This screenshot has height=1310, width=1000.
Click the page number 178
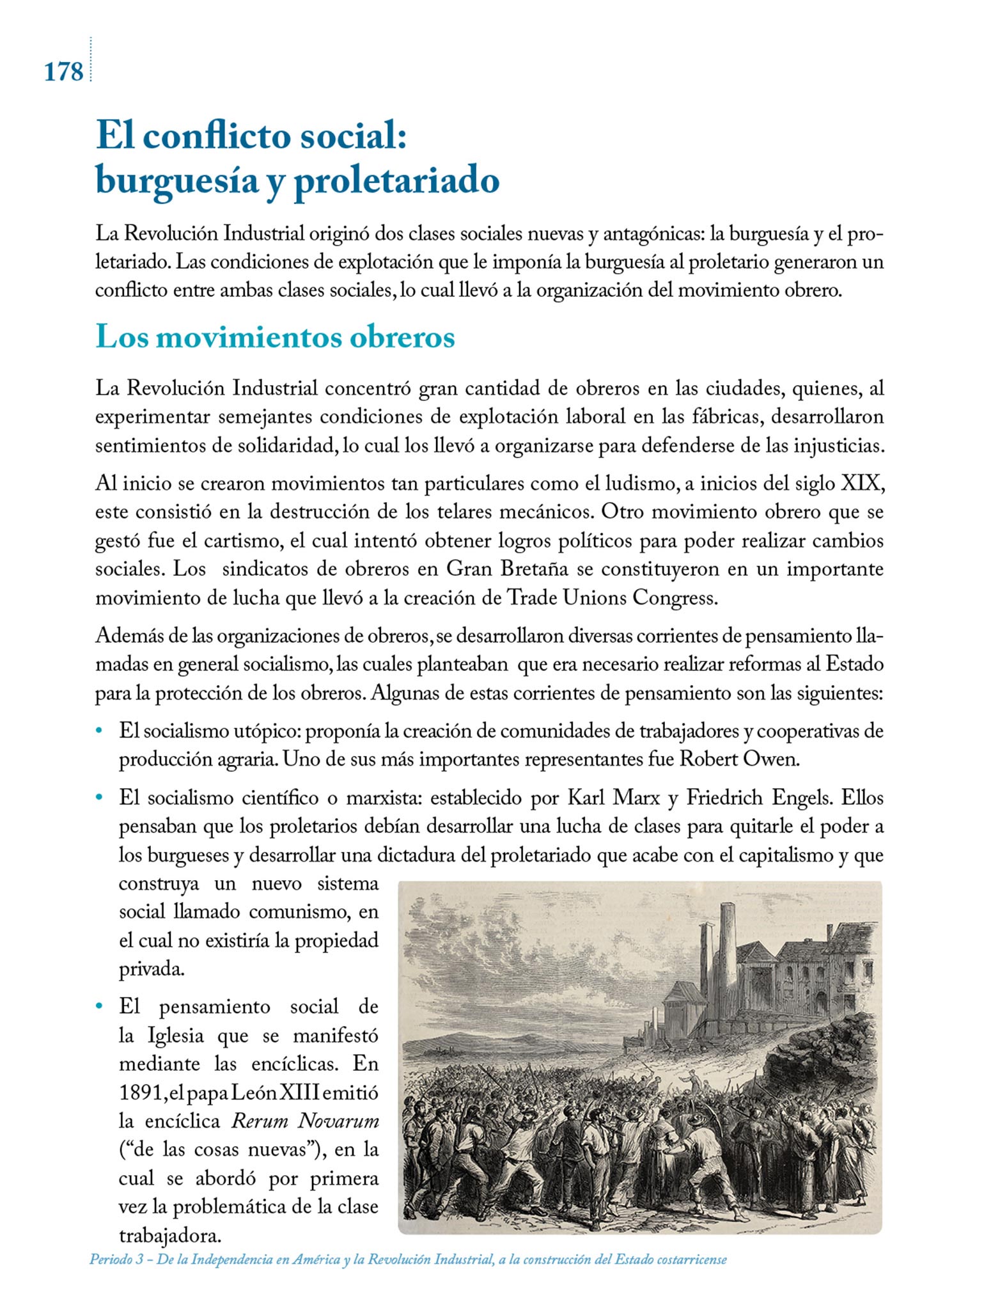pos(63,72)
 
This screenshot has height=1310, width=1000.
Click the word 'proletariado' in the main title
pos(396,181)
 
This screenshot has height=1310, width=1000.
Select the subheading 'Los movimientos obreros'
pos(275,337)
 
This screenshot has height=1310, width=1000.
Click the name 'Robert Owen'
pos(738,759)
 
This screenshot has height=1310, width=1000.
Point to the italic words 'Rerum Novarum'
pos(304,1121)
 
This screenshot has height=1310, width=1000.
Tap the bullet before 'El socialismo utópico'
pos(99,730)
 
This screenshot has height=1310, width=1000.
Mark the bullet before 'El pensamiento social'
pos(99,1007)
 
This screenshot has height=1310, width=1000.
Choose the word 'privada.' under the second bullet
pos(152,969)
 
